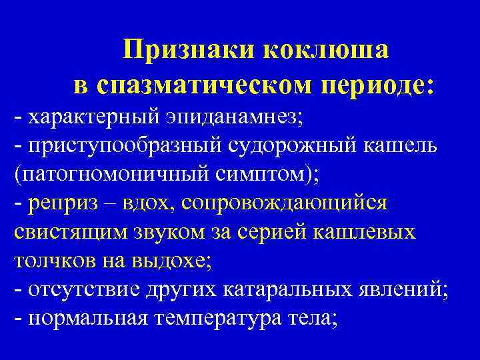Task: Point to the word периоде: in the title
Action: [x=379, y=85]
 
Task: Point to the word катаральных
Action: [x=299, y=290]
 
